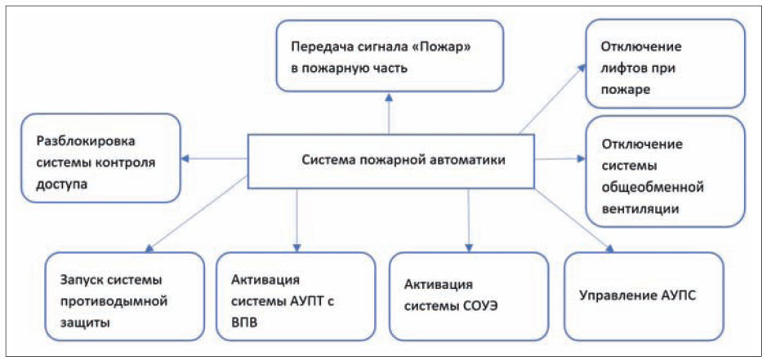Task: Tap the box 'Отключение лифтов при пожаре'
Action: click(665, 64)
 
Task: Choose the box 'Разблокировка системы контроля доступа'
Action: click(101, 158)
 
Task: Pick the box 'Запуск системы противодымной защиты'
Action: click(124, 296)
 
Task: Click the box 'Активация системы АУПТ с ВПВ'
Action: click(295, 296)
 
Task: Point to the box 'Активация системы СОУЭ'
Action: click(468, 296)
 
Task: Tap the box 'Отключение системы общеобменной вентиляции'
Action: click(665, 171)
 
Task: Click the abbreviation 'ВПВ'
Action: click(246, 323)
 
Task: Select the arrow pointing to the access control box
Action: click(215, 158)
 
